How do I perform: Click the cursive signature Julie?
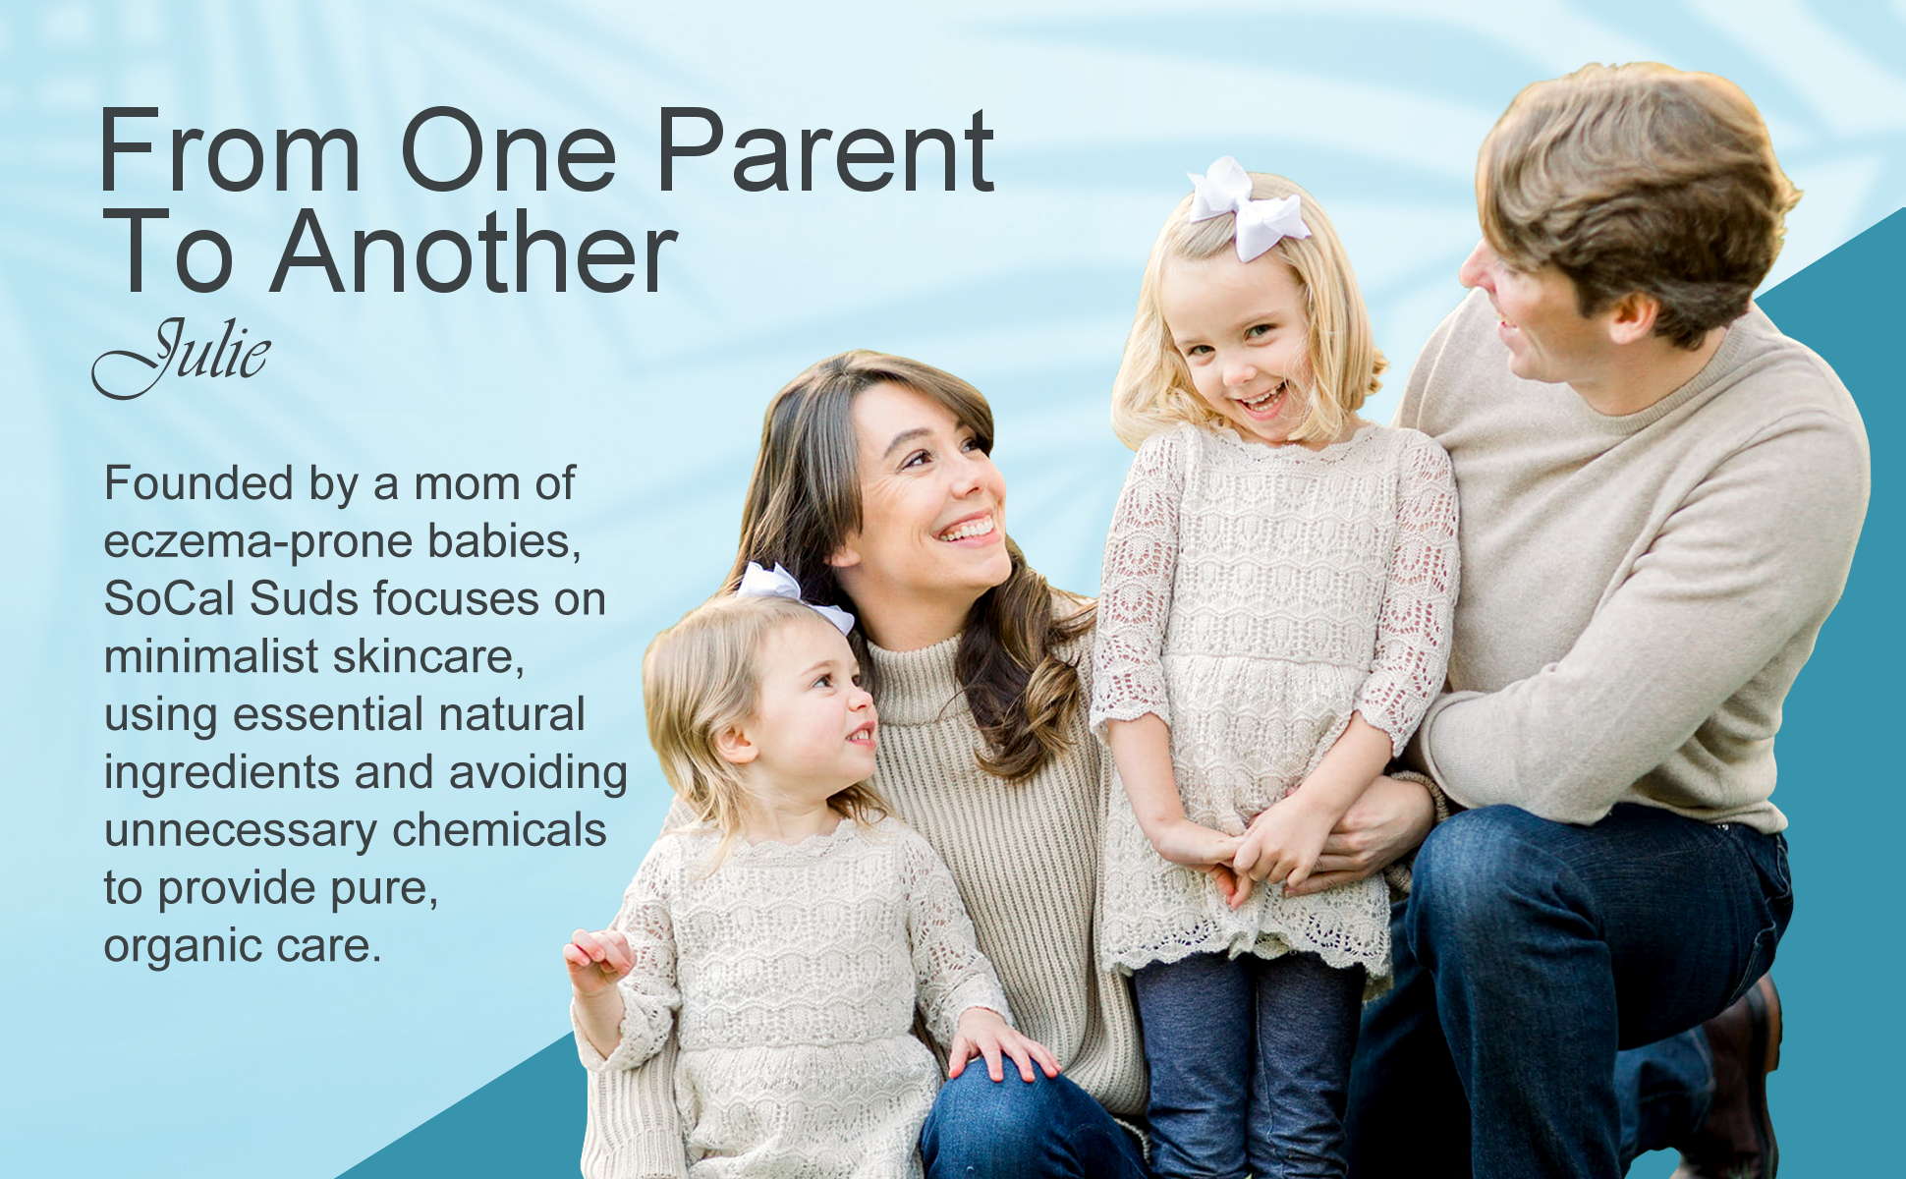tap(181, 357)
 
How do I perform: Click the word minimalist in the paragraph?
tap(211, 656)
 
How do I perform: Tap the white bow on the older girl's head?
tap(1247, 209)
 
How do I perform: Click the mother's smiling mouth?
tap(969, 529)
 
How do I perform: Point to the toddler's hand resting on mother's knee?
tap(1000, 1046)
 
